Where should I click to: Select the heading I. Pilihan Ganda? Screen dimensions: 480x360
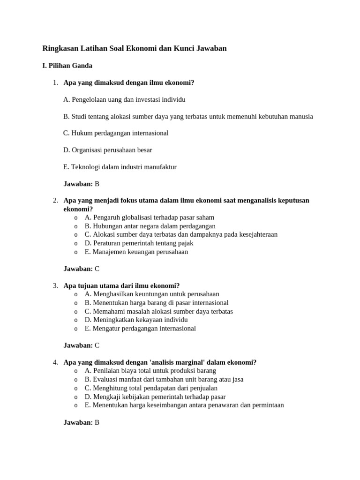click(67, 66)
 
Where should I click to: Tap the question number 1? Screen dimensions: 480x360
click(55, 83)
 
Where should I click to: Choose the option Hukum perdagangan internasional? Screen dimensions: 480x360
click(116, 133)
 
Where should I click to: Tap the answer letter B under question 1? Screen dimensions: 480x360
click(97, 184)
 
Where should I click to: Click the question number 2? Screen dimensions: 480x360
click(55, 201)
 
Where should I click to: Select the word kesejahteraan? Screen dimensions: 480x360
click(257, 234)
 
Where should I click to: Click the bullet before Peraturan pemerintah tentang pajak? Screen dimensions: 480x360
click(75, 243)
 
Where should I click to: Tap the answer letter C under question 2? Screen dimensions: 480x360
click(97, 269)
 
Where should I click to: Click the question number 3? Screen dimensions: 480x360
click(55, 286)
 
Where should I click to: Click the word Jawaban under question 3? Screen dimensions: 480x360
click(78, 345)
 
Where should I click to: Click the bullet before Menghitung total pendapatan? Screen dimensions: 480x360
click(75, 388)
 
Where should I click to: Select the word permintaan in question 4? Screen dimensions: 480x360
click(266, 405)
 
